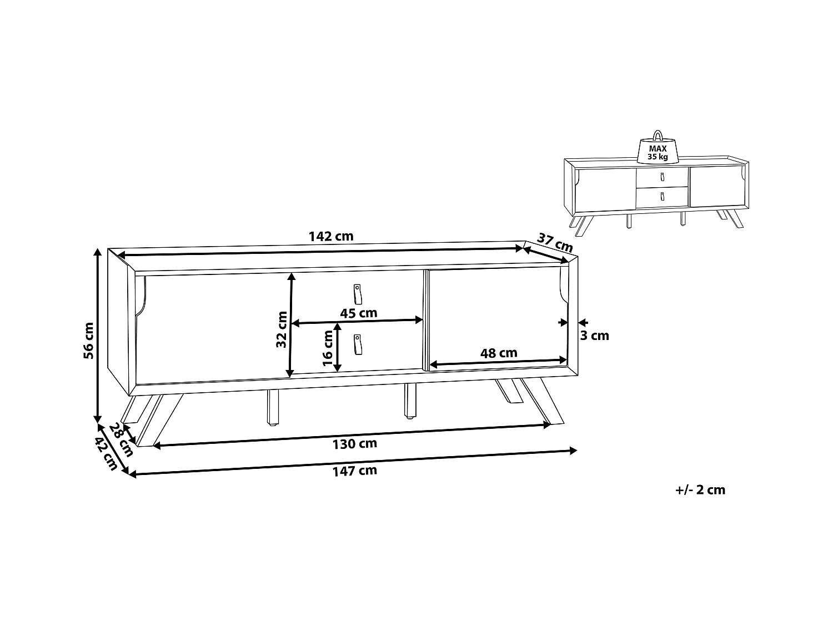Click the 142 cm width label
(331, 236)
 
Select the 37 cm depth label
(555, 242)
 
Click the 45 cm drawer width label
(358, 313)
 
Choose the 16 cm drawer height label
(328, 351)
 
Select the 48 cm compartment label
(498, 353)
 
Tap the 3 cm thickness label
(594, 336)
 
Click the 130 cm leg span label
(354, 443)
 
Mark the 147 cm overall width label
(354, 471)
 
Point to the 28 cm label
(121, 439)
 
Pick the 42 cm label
(106, 454)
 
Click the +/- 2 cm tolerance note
(700, 490)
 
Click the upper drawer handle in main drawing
(358, 294)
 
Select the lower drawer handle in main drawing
(357, 344)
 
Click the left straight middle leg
(273, 407)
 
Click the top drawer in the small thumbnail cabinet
(661, 177)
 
